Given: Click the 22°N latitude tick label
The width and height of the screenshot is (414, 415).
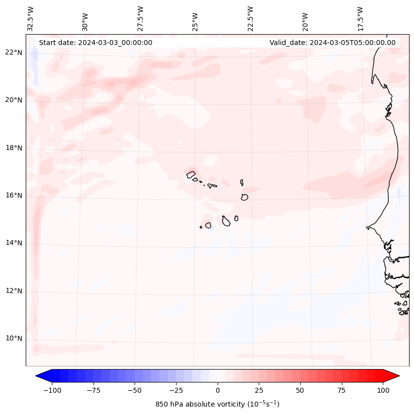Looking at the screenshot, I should tap(14, 52).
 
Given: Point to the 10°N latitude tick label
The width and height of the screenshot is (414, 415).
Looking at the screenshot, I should tap(14, 338).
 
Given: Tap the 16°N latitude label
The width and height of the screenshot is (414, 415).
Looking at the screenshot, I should tap(14, 195).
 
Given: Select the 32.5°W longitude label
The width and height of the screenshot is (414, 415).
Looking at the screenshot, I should tap(31, 19).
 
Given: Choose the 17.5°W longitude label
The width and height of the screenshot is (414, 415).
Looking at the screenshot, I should tap(360, 19).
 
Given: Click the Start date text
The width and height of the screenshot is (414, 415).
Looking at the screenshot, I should tap(95, 43).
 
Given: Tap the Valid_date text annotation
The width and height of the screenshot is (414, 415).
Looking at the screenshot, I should tap(332, 43).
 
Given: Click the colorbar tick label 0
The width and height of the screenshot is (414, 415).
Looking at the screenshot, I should tap(218, 390).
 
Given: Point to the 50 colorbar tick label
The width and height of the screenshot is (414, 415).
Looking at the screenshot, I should tap(300, 390).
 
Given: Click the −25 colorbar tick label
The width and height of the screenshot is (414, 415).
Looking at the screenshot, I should tap(176, 390).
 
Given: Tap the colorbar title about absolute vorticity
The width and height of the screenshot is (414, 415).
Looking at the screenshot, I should tap(218, 404).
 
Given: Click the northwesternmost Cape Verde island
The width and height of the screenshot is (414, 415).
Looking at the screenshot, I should tap(191, 174).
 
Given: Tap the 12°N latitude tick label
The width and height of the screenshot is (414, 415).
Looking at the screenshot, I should tap(14, 291).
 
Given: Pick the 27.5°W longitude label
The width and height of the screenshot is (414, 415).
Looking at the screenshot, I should tap(140, 19).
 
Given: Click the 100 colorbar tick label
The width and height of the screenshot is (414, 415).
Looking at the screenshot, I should tap(383, 390).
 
